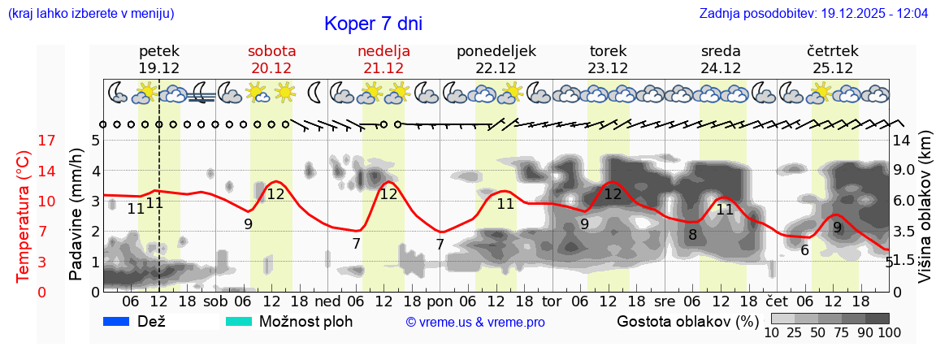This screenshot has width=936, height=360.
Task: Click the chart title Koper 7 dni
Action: pos(373,24)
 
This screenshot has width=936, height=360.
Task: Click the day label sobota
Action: pos(271,51)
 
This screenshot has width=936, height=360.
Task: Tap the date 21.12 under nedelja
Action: pos(383,68)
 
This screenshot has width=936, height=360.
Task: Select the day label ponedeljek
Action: pos(496,51)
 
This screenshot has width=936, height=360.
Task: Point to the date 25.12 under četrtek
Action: pos(833,68)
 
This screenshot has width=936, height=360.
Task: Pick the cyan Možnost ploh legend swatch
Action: pos(240,322)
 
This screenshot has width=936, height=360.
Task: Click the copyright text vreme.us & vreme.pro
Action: pos(475,323)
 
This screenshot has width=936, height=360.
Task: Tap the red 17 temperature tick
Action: pos(24,141)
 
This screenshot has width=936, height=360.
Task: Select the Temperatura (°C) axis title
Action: pos(24,215)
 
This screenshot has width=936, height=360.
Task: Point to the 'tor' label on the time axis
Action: pos(552,301)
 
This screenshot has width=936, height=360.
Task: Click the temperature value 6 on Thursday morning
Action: pos(804,250)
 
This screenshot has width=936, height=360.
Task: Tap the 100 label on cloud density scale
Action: pos(878,332)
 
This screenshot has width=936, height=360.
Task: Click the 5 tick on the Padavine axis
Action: pos(95,141)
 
